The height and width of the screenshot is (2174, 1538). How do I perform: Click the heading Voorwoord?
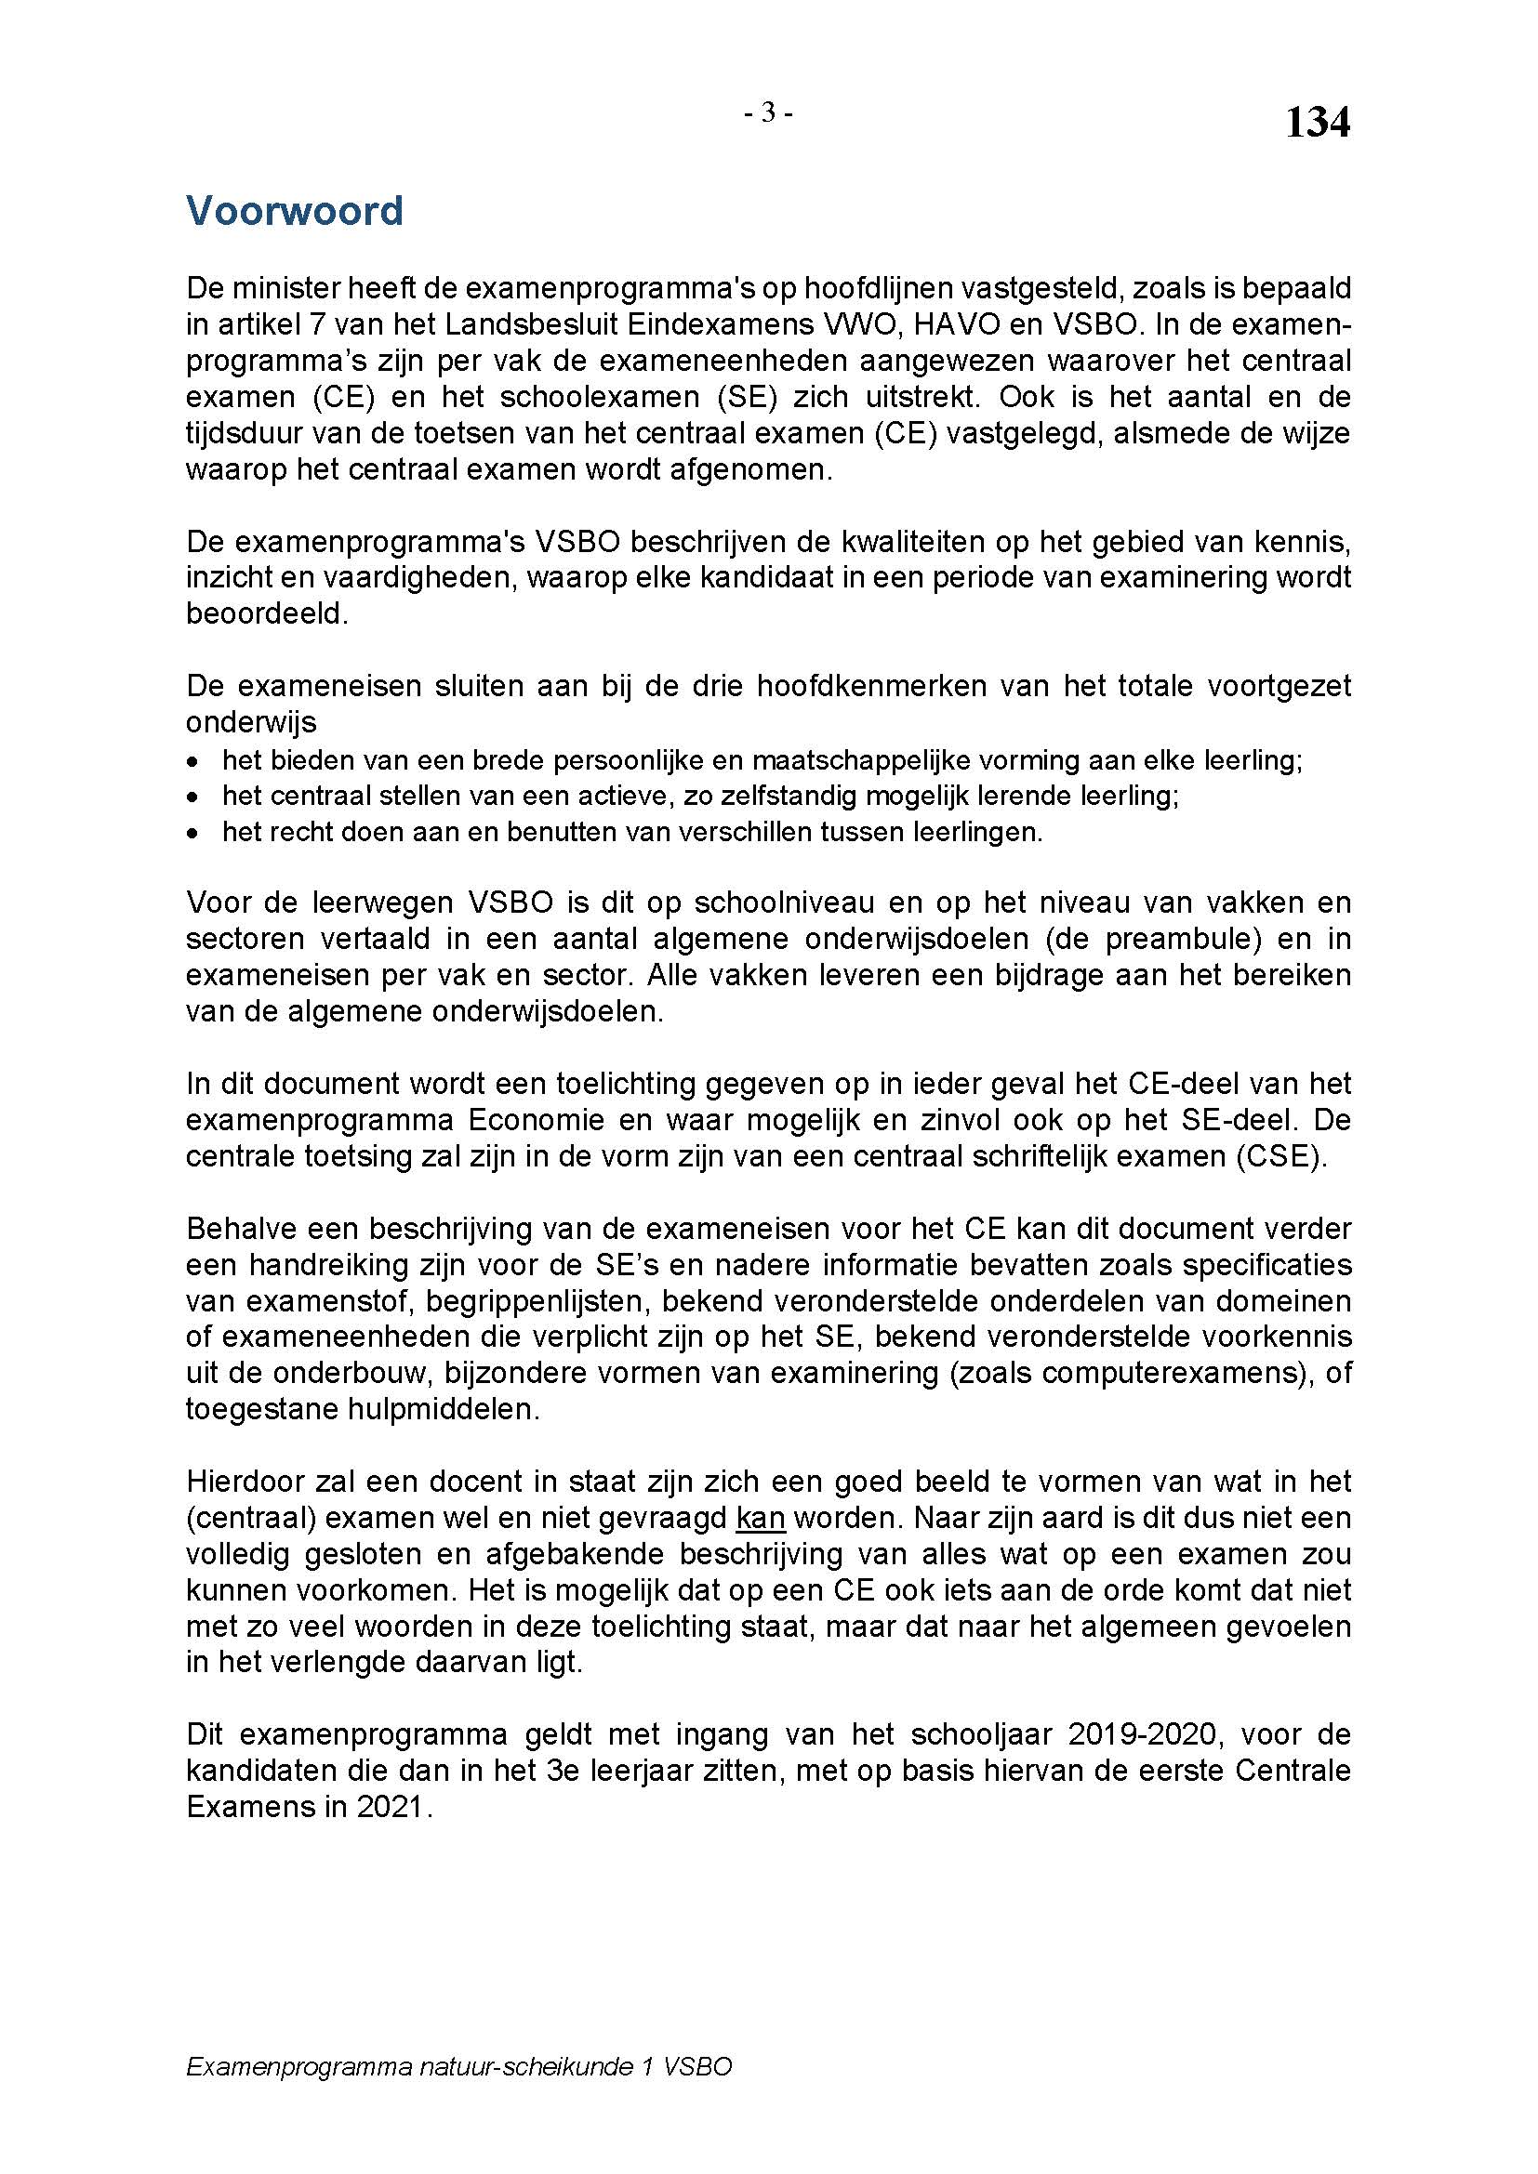pyautogui.click(x=295, y=210)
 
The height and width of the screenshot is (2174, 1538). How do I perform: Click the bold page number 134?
pyautogui.click(x=1317, y=123)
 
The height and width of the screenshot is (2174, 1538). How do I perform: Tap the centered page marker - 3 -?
pyautogui.click(x=768, y=113)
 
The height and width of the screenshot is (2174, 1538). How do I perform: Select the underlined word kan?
pyautogui.click(x=761, y=1518)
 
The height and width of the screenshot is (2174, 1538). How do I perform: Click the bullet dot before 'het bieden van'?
pyautogui.click(x=193, y=761)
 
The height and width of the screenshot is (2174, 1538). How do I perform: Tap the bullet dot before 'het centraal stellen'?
pyautogui.click(x=193, y=797)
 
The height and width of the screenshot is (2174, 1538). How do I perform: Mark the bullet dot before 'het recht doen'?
pyautogui.click(x=193, y=833)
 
